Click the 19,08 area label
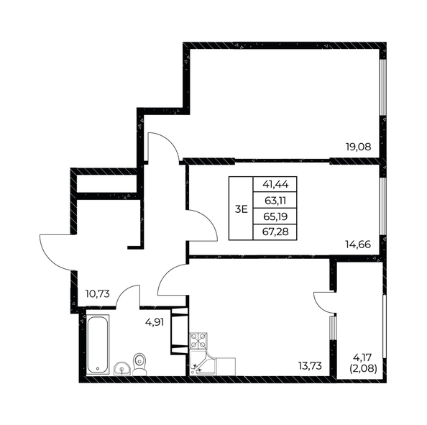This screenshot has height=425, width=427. [x=359, y=147]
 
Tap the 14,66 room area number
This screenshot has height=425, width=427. [x=359, y=244]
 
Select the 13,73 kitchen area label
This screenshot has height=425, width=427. [x=311, y=366]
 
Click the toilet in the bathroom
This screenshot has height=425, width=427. [x=141, y=363]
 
